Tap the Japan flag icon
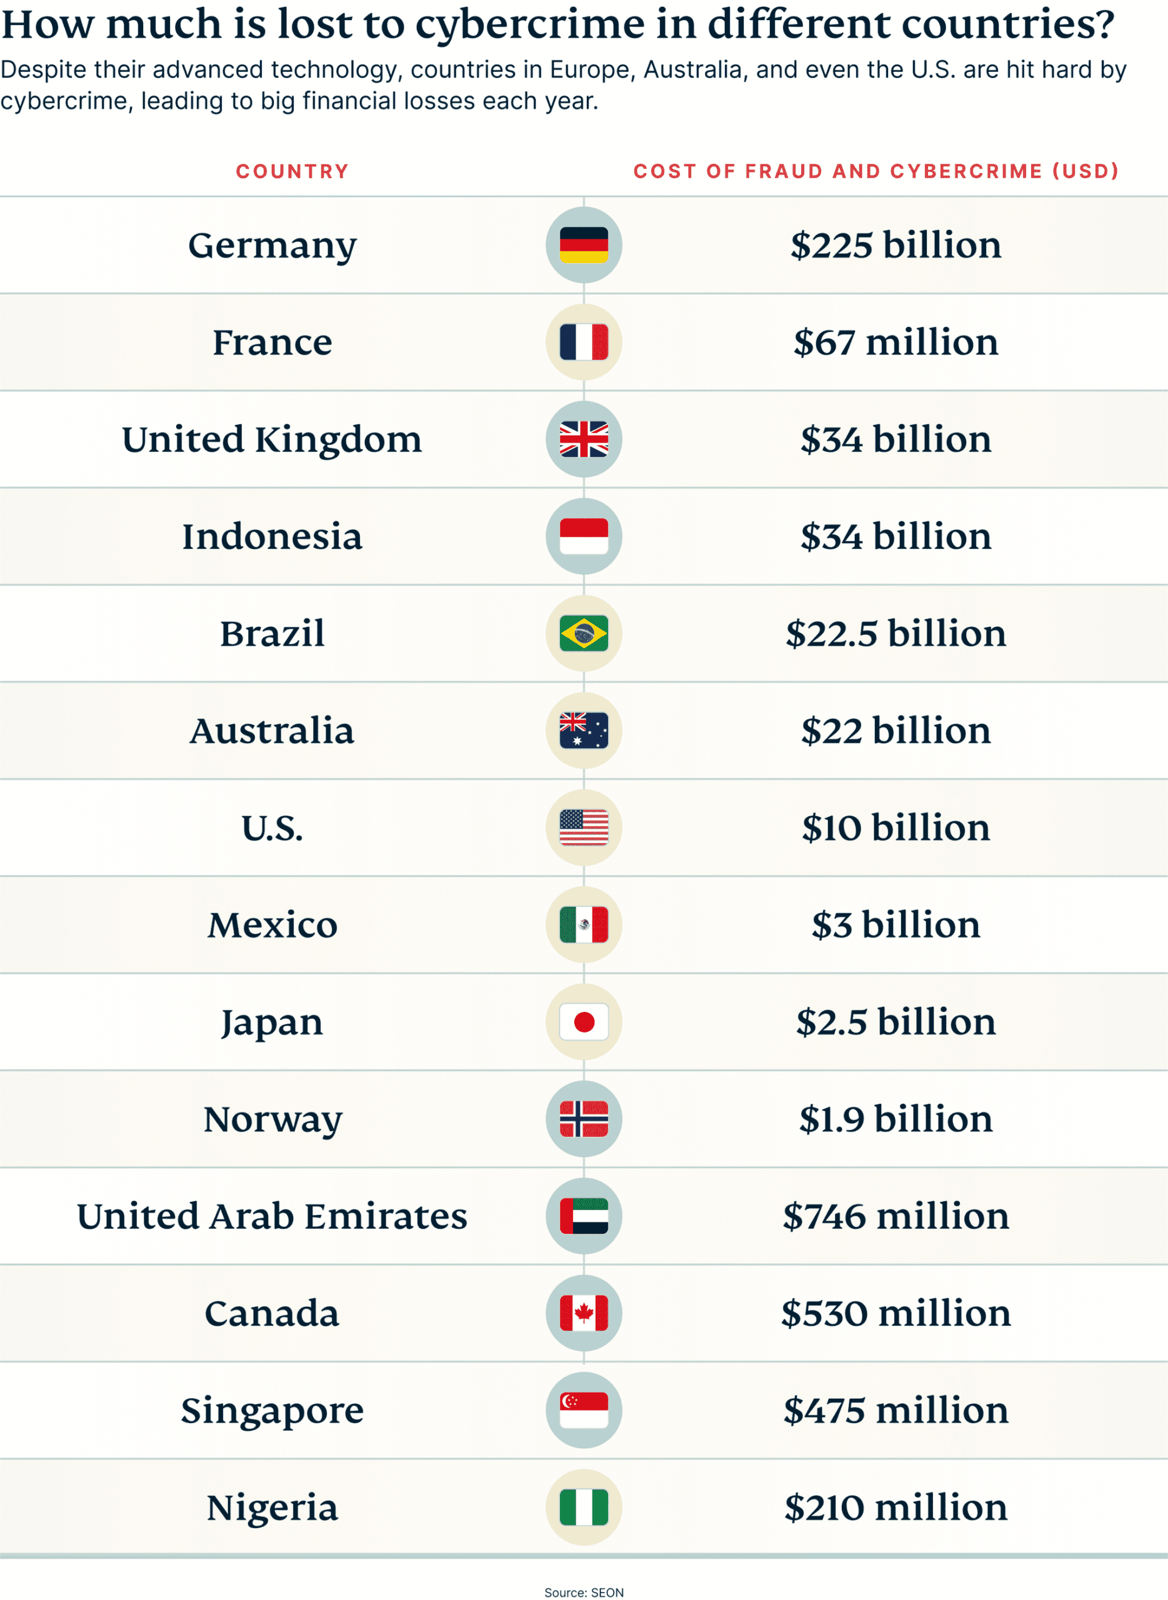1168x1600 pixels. coord(583,1022)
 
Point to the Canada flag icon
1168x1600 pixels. coord(583,1313)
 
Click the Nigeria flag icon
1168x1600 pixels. coord(583,1507)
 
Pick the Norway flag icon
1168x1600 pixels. coord(583,1119)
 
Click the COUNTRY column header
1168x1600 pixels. coord(292,171)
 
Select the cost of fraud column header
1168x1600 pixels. coord(876,171)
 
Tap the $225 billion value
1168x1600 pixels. coord(895,246)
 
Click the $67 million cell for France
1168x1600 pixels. coord(895,342)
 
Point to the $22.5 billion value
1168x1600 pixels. coord(895,634)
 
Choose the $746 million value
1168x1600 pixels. coord(895,1216)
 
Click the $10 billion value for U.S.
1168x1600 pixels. coord(895,827)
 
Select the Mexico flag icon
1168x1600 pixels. coord(583,924)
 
